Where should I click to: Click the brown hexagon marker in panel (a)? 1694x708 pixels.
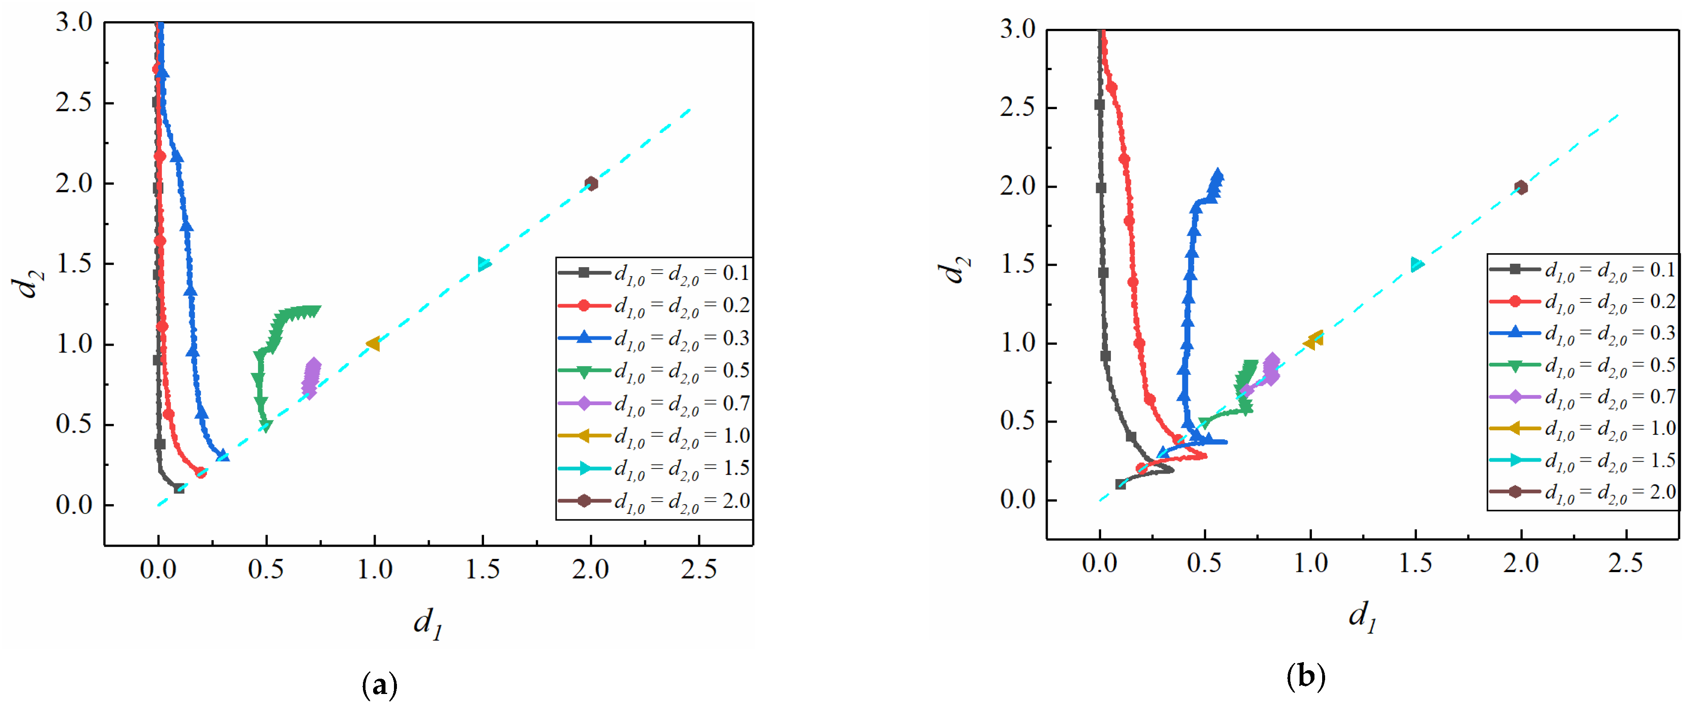pyautogui.click(x=591, y=183)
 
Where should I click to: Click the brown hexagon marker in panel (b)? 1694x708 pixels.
pyautogui.click(x=1520, y=187)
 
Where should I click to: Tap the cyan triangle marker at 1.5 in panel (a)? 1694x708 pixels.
pyautogui.click(x=484, y=264)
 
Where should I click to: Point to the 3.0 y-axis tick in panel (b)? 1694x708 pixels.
pyautogui.click(x=1018, y=30)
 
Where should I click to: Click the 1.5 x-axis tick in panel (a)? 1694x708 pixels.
pyautogui.click(x=483, y=569)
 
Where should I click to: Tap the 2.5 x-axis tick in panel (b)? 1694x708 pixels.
pyautogui.click(x=1626, y=563)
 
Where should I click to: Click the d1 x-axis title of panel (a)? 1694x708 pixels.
pyautogui.click(x=428, y=621)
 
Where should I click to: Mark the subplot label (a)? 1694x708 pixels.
pyautogui.click(x=380, y=685)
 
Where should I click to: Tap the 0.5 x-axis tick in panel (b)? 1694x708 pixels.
pyautogui.click(x=1205, y=563)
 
